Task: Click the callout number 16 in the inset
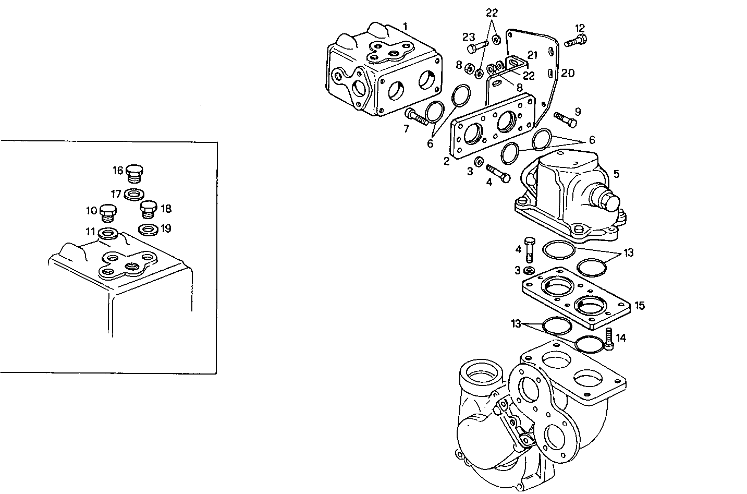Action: [x=118, y=171]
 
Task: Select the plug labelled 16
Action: [x=137, y=172]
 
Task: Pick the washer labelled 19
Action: [x=149, y=229]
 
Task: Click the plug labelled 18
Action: [x=149, y=210]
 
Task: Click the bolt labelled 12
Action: [x=575, y=41]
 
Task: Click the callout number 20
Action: [x=567, y=73]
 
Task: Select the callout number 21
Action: [x=532, y=55]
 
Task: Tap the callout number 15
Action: [x=639, y=305]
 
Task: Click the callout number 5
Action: [x=616, y=174]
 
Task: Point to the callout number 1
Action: [x=406, y=26]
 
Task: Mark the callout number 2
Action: [x=446, y=162]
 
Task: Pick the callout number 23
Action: [x=468, y=37]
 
